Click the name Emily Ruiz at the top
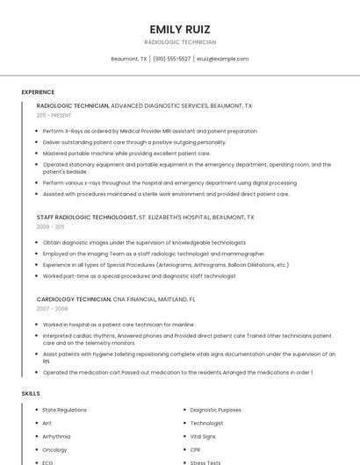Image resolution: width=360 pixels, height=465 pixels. click(179, 28)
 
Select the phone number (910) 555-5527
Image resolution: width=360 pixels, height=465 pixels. click(172, 59)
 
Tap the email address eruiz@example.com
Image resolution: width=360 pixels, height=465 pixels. click(223, 59)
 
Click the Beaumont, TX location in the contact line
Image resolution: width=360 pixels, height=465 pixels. click(129, 59)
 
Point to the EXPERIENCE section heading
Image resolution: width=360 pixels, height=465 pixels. click(38, 92)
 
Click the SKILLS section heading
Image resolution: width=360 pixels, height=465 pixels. click(31, 394)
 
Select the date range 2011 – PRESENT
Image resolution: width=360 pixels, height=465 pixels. click(54, 115)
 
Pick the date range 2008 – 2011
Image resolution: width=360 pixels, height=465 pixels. click(51, 226)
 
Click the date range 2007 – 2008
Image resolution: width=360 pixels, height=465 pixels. click(51, 309)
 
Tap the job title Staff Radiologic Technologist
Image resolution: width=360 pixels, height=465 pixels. click(86, 217)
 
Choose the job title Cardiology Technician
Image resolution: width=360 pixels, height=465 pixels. click(74, 299)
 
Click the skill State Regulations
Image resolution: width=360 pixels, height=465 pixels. click(65, 410)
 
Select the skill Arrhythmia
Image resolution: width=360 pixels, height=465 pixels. click(57, 436)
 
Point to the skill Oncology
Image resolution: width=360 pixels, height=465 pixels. click(54, 449)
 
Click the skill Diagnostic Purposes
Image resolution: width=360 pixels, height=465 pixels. click(215, 410)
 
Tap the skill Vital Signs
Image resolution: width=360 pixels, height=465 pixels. click(203, 436)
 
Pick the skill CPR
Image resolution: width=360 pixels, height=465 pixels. click(196, 449)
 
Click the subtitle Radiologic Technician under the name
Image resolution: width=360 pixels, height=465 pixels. click(179, 42)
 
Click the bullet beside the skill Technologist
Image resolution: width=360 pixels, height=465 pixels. click(183, 423)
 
